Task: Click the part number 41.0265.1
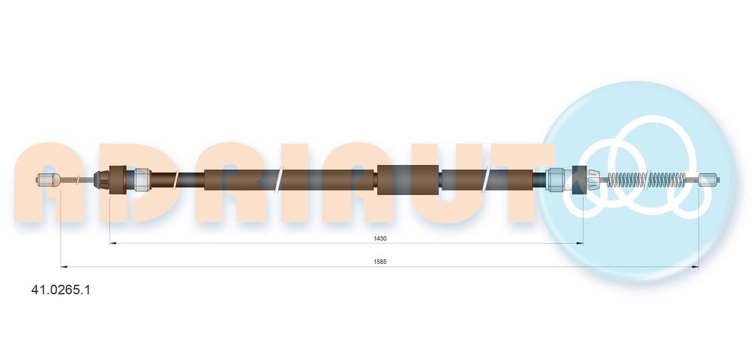[x=60, y=290]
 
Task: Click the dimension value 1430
[x=380, y=238]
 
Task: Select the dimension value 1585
[x=380, y=262]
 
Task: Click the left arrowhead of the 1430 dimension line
[x=113, y=244]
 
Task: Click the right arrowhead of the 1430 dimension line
[x=580, y=244]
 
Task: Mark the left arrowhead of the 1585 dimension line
[x=64, y=266]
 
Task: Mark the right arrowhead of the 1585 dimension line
[x=696, y=266]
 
